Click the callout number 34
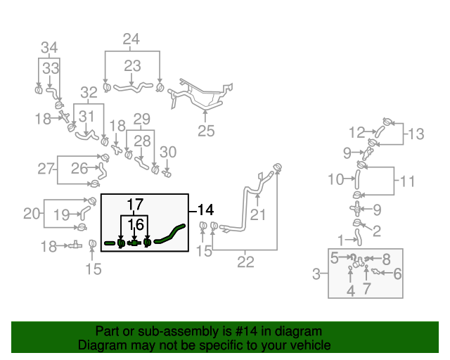(49, 48)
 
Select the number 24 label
(131, 39)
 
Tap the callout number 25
(205, 130)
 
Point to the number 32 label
(89, 92)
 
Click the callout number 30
(167, 152)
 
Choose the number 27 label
(46, 168)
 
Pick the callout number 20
(32, 213)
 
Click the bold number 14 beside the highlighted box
(205, 209)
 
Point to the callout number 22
(245, 262)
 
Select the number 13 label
(416, 134)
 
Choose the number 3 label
(316, 273)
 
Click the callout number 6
(397, 274)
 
